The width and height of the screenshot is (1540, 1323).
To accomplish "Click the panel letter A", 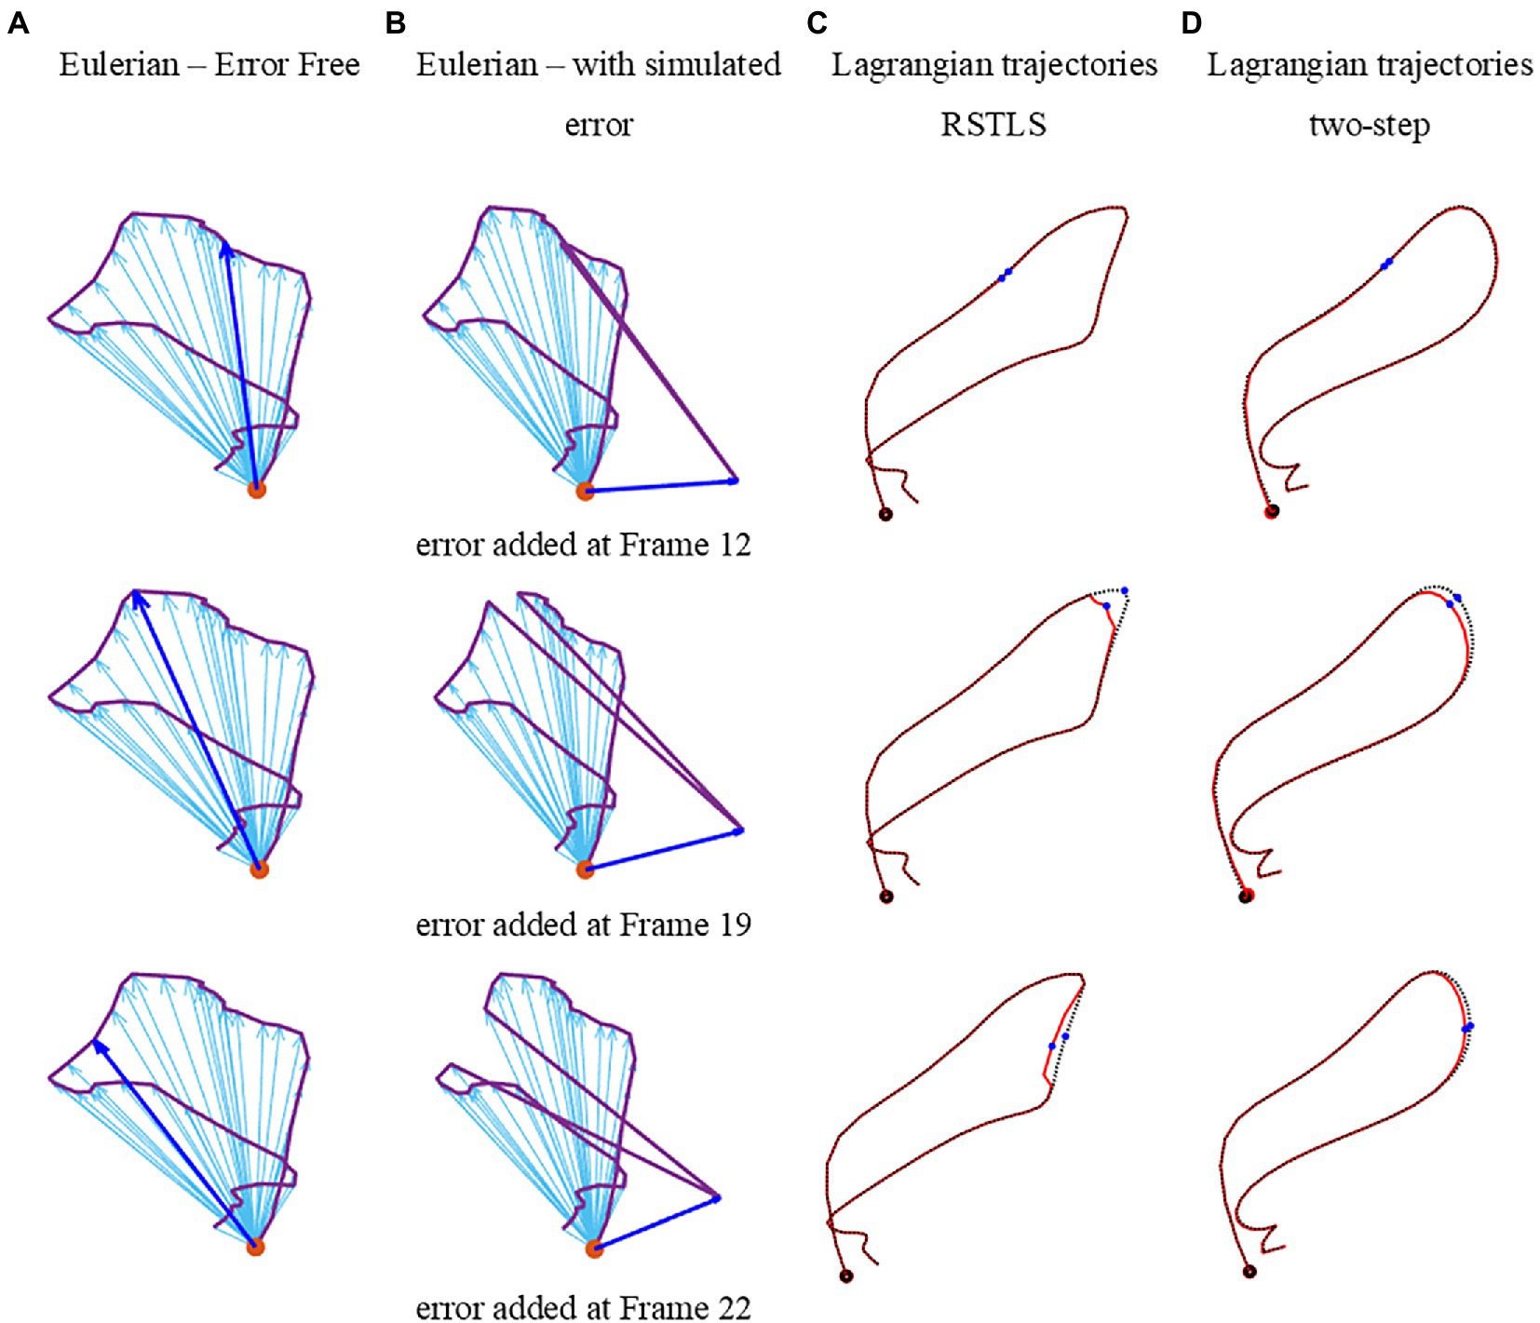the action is click(x=18, y=23).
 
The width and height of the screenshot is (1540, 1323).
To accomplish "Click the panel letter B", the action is click(x=395, y=23).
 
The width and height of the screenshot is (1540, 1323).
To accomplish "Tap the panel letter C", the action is click(x=817, y=23).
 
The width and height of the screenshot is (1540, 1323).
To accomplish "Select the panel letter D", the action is click(x=1191, y=23).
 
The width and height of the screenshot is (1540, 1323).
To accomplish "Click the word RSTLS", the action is click(x=993, y=125).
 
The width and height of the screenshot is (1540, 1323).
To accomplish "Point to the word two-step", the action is click(x=1369, y=125).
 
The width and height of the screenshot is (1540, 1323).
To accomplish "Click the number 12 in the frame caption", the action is click(x=735, y=545).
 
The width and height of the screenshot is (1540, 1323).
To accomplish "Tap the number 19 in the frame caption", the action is click(x=735, y=925).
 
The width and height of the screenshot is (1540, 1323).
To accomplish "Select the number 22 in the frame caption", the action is click(x=733, y=1308).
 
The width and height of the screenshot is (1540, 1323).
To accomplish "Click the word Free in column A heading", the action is click(x=330, y=65).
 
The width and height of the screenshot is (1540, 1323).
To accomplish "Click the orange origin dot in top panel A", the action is click(x=256, y=489).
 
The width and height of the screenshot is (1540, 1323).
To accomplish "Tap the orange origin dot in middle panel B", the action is click(x=585, y=870).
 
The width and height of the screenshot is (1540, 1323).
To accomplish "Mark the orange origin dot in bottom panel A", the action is click(x=255, y=1247).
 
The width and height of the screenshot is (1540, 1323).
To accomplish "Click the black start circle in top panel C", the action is click(x=885, y=514).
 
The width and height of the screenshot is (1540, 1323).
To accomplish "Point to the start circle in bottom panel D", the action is click(x=1250, y=1272).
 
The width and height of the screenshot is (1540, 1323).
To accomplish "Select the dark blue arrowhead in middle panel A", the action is click(x=138, y=598).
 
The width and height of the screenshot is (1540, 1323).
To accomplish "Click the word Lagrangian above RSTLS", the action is click(x=910, y=65).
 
